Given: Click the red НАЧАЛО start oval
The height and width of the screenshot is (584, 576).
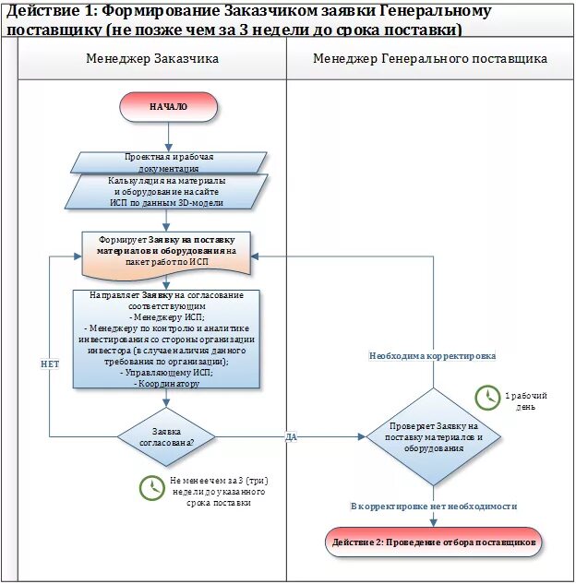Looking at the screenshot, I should point(168,107).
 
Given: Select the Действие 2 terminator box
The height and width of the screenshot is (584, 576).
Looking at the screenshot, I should point(433,542).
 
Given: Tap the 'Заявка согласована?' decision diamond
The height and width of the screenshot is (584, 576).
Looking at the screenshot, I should point(166,436).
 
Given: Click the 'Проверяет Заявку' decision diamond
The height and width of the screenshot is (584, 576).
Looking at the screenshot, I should point(433,436).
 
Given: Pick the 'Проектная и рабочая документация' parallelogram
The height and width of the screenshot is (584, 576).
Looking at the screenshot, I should point(168,163).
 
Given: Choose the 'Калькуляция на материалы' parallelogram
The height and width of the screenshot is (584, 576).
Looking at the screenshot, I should point(169,191).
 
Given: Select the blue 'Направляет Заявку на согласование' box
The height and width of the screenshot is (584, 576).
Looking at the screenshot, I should point(166,339).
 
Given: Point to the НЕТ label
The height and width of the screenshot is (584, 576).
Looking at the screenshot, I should point(50,364).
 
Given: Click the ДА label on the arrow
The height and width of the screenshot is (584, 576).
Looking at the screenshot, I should point(291,436).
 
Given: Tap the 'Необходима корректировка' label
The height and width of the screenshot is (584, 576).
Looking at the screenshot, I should point(432,355).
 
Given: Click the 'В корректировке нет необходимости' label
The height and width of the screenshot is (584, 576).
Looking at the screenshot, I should point(433,507).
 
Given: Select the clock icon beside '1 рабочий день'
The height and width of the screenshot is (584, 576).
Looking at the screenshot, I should point(486,398).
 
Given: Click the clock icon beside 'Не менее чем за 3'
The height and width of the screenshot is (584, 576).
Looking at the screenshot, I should point(151,488).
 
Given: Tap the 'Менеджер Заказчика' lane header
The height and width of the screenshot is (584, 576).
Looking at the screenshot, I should point(152,58).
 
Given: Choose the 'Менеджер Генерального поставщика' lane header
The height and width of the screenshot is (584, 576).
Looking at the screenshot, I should point(429,58).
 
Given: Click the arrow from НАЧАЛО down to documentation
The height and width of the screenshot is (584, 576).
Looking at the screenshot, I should point(168,137).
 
